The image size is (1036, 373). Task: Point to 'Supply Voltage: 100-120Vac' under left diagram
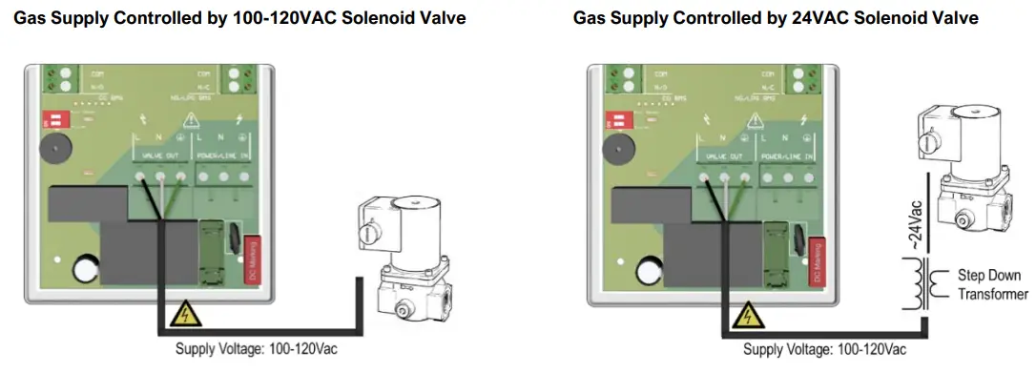(x=257, y=349)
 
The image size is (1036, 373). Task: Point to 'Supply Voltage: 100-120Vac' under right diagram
(x=824, y=349)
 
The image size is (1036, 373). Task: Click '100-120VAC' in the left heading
(x=271, y=18)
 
